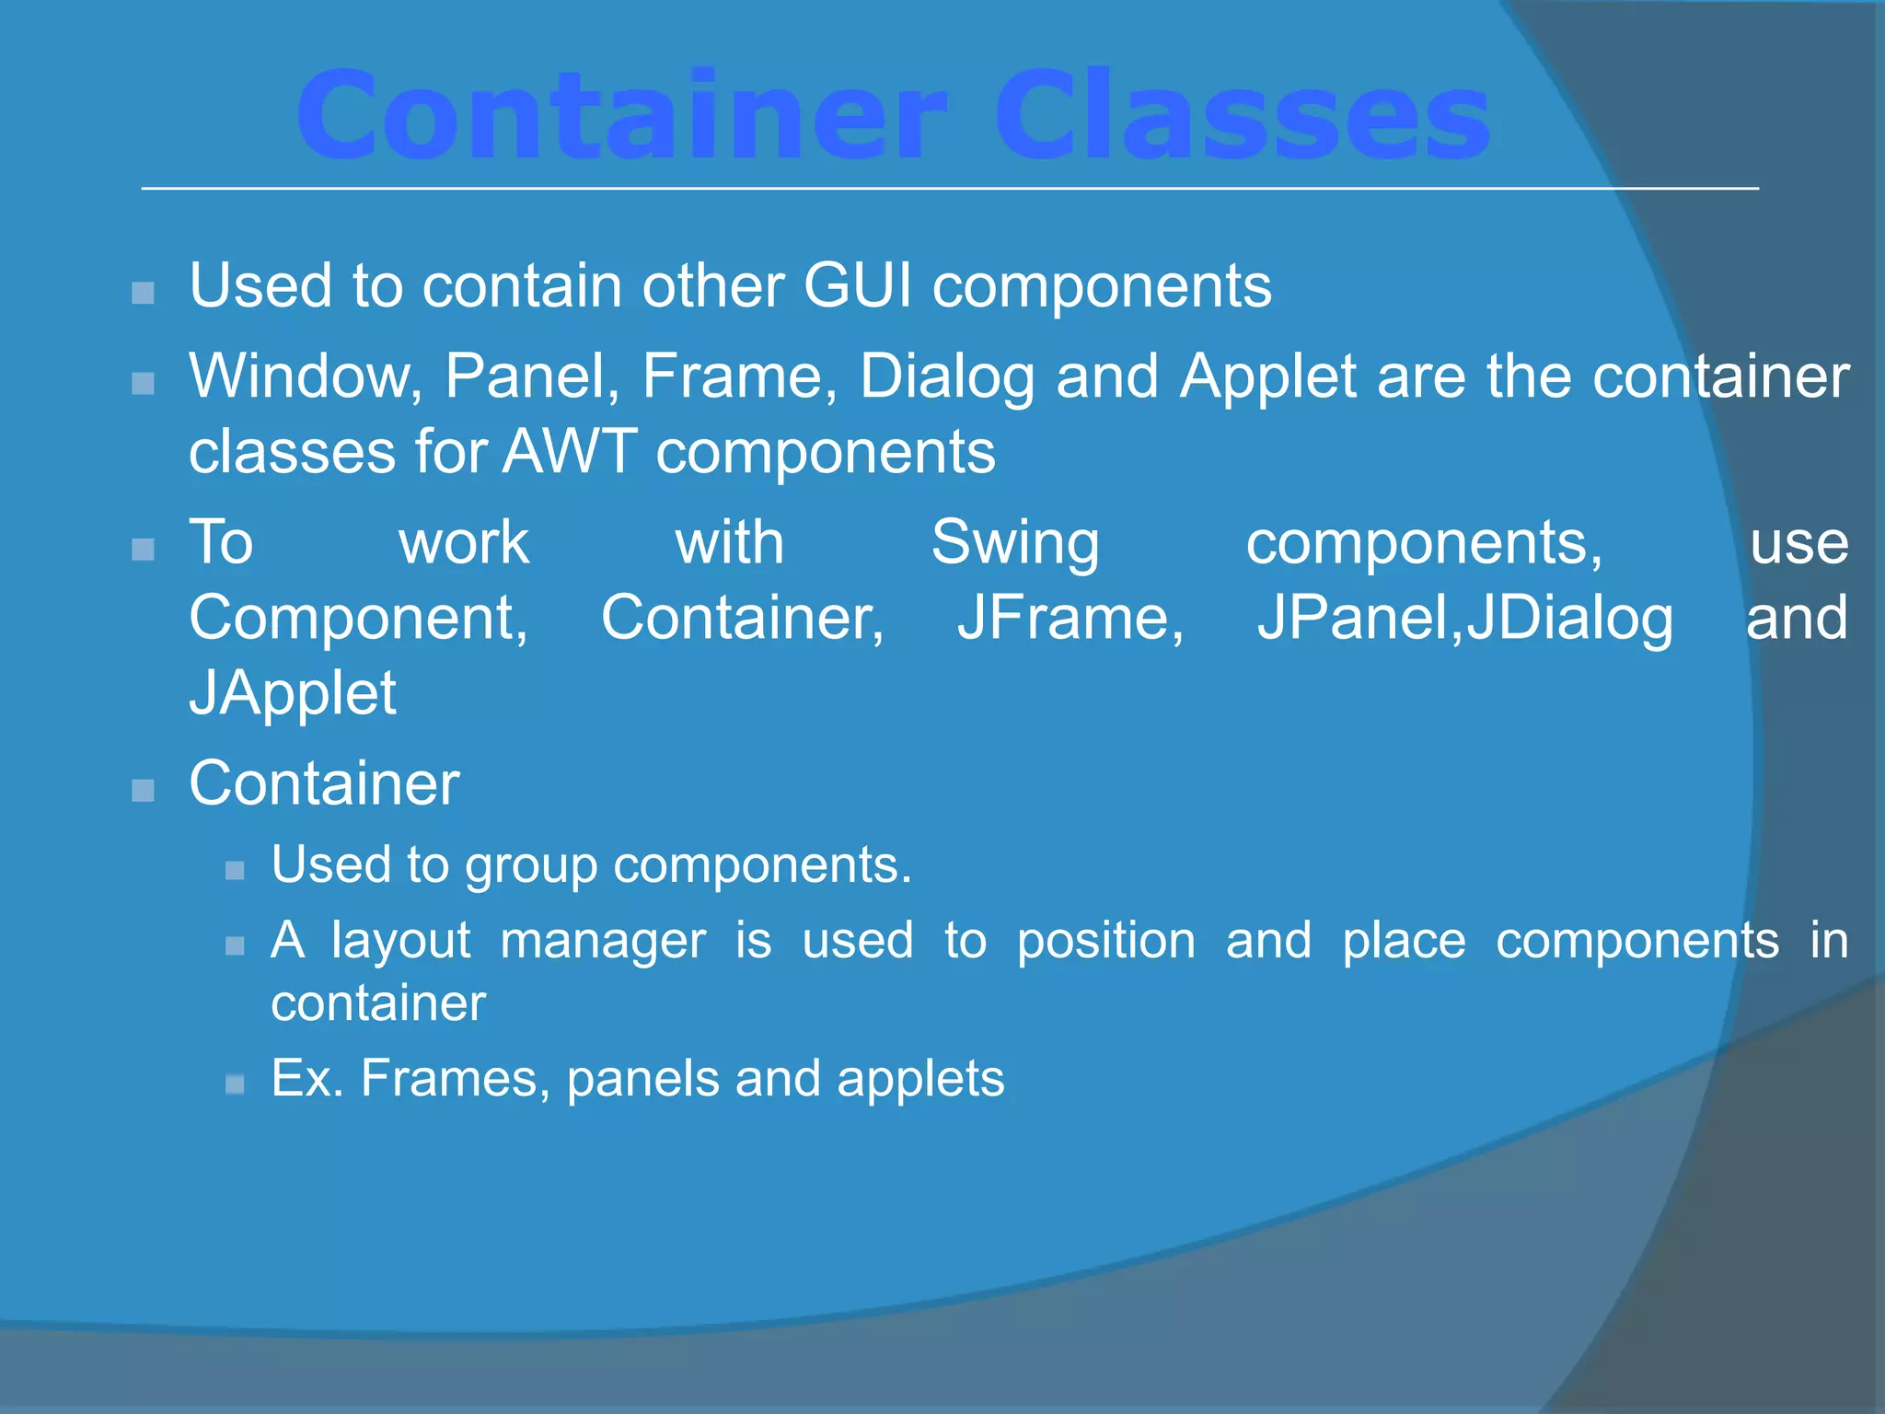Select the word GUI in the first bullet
(x=858, y=285)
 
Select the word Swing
(x=1015, y=542)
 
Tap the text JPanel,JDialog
(x=1465, y=618)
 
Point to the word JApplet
(x=293, y=693)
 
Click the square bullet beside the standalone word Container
(x=143, y=790)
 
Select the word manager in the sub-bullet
(x=603, y=941)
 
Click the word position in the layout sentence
(x=1106, y=941)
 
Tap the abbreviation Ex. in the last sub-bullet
(x=307, y=1078)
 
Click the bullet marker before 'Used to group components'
(x=235, y=870)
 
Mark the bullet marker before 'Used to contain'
(x=143, y=293)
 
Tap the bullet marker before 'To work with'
(x=143, y=550)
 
